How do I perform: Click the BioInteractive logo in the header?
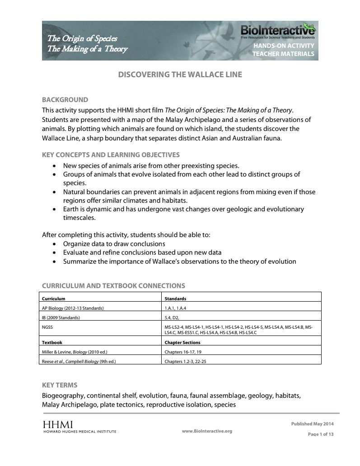[x=277, y=31]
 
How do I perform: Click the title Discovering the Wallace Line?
[x=180, y=75]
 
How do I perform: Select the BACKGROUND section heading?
[x=65, y=100]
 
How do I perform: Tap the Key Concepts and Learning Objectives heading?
[x=111, y=154]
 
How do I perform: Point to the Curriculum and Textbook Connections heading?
[x=113, y=285]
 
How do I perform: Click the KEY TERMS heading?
[x=60, y=385]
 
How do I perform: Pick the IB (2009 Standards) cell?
[x=61, y=317]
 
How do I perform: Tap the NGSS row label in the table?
[x=47, y=326]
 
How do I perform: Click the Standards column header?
[x=175, y=298]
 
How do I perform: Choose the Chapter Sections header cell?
[x=182, y=342]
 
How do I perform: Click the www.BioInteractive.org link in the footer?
[x=207, y=431]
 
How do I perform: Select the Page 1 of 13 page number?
[x=320, y=434]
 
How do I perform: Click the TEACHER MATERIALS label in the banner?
[x=283, y=54]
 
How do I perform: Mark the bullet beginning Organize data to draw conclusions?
[x=114, y=244]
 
